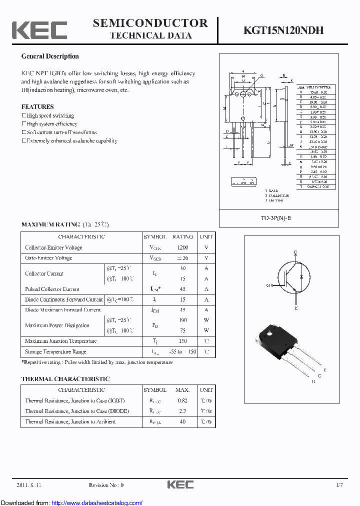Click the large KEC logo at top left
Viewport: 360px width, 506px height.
[39, 30]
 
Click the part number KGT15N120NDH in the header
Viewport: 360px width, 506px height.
[283, 30]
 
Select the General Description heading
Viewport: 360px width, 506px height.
[50, 56]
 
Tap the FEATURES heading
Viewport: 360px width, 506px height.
[37, 106]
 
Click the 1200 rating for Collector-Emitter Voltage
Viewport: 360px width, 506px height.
[182, 247]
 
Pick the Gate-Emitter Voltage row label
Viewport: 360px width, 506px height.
[48, 258]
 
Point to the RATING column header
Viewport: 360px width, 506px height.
[182, 237]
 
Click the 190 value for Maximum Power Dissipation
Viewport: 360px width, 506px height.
[182, 319]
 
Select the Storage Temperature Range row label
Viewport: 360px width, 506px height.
[55, 351]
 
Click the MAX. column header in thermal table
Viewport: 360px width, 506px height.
[182, 390]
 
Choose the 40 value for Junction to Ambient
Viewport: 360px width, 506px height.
[182, 421]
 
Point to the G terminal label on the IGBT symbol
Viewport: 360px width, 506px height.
[268, 285]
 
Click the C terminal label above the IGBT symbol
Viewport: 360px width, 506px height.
[295, 251]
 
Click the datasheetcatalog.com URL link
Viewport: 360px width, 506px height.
[97, 503]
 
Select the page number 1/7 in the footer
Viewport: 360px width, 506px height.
[339, 485]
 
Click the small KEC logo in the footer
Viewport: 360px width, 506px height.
[180, 485]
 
